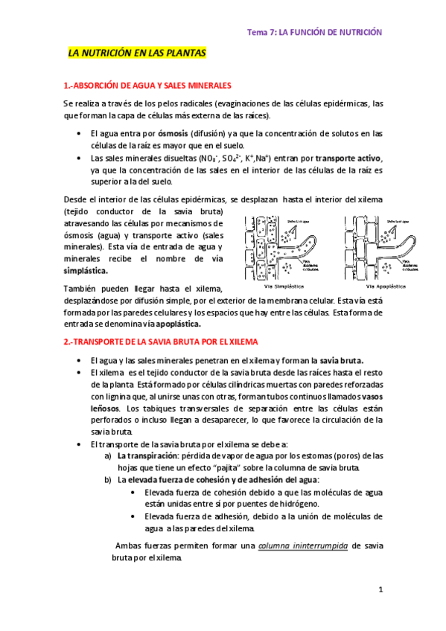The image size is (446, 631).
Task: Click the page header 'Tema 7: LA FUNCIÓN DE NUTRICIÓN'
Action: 316,32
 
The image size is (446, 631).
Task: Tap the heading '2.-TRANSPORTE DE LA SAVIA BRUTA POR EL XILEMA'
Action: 162,342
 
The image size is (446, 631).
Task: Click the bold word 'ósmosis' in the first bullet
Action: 173,133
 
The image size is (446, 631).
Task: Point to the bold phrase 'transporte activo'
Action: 348,158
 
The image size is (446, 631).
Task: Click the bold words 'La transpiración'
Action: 149,455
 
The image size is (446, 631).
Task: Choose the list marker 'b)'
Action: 107,480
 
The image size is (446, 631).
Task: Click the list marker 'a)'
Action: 107,455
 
